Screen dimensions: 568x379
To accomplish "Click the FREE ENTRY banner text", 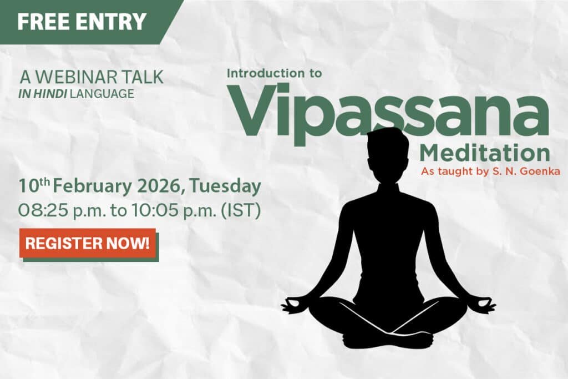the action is pyautogui.click(x=82, y=22).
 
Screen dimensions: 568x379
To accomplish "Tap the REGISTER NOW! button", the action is pyautogui.click(x=88, y=243).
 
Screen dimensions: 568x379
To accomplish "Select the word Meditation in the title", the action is pyautogui.click(x=485, y=154).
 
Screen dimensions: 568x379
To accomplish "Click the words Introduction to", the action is pyautogui.click(x=274, y=73).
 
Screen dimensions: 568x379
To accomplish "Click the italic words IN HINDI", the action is pyautogui.click(x=43, y=94).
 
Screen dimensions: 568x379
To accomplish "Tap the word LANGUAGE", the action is pyautogui.click(x=102, y=94).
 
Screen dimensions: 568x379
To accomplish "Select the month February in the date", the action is pyautogui.click(x=93, y=187).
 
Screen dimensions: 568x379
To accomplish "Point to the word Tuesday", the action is pyautogui.click(x=225, y=187).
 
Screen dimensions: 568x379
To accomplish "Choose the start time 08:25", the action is pyautogui.click(x=43, y=210).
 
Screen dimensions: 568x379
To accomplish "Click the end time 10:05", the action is pyautogui.click(x=155, y=210).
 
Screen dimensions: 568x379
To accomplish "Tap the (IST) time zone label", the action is pyautogui.click(x=241, y=211).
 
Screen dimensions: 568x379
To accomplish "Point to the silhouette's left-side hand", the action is pyautogui.click(x=294, y=305).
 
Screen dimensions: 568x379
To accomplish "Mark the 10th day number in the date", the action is pyautogui.click(x=34, y=186).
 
